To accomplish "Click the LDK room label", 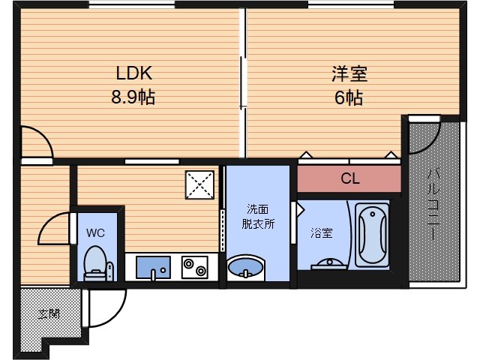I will pyautogui.click(x=134, y=73).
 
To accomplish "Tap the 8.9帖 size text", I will pyautogui.click(x=133, y=97).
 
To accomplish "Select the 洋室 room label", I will pyautogui.click(x=349, y=73).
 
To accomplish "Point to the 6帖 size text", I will pyautogui.click(x=349, y=97).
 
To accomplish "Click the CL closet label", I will pyautogui.click(x=349, y=179).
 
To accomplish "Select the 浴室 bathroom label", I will pyautogui.click(x=322, y=232).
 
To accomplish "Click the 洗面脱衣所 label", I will pyautogui.click(x=256, y=215).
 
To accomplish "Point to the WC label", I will pyautogui.click(x=94, y=232).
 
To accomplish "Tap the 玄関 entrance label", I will pyautogui.click(x=49, y=313).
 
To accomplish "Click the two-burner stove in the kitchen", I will pyautogui.click(x=194, y=267).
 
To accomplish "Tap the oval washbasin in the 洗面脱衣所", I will pyautogui.click(x=245, y=267).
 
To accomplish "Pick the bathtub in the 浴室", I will pyautogui.click(x=373, y=234).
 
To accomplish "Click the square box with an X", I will pyautogui.click(x=200, y=183).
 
